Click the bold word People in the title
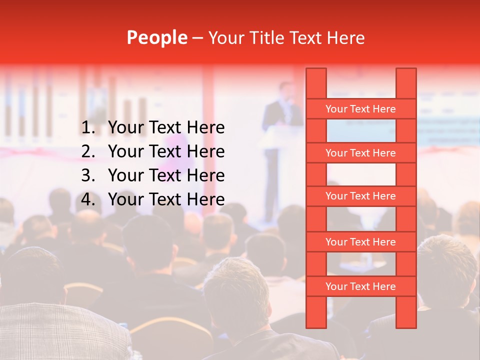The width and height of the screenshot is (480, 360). pyautogui.click(x=156, y=37)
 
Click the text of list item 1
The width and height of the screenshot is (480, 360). pyautogui.click(x=166, y=128)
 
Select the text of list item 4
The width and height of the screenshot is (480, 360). pyautogui.click(x=166, y=199)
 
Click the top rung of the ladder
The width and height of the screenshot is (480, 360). pyautogui.click(x=360, y=109)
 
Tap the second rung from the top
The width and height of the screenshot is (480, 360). pyautogui.click(x=360, y=153)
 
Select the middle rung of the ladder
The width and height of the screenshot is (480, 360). pyautogui.click(x=360, y=196)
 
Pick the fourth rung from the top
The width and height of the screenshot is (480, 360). pyautogui.click(x=360, y=242)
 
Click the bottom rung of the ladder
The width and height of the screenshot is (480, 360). pyautogui.click(x=360, y=286)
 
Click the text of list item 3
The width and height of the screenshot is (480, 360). pyautogui.click(x=166, y=175)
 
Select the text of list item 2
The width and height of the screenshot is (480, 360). pyautogui.click(x=166, y=151)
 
